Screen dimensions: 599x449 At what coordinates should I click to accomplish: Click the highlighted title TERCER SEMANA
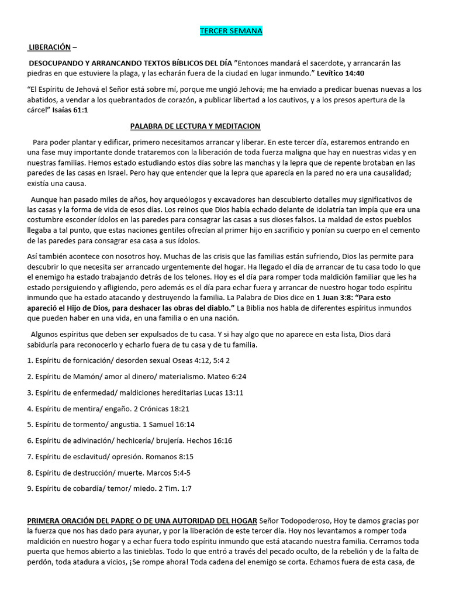click(231, 31)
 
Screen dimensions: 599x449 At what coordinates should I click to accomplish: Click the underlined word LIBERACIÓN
click(50, 47)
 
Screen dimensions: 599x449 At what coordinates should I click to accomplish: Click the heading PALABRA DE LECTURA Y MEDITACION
click(195, 126)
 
